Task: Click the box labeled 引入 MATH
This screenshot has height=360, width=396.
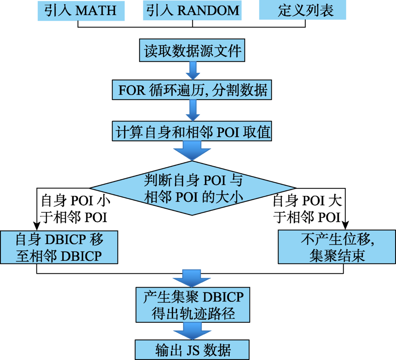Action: pyautogui.click(x=81, y=11)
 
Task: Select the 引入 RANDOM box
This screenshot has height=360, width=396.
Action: pyautogui.click(x=192, y=10)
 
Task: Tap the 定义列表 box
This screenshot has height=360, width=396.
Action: pyautogui.click(x=303, y=10)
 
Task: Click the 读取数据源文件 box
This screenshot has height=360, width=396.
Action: pyautogui.click(x=192, y=50)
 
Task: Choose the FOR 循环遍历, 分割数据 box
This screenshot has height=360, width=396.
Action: pyautogui.click(x=192, y=90)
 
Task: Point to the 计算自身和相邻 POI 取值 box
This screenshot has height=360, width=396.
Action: pyautogui.click(x=192, y=131)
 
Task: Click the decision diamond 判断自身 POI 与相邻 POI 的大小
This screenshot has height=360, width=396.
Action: pyautogui.click(x=192, y=188)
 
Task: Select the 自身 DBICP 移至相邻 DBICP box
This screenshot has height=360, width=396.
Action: pyautogui.click(x=59, y=247)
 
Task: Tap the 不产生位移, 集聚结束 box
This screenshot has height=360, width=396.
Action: pyautogui.click(x=337, y=247)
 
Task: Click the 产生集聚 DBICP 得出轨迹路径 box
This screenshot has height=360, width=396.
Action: pyautogui.click(x=193, y=305)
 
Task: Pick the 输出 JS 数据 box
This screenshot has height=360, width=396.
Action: pyautogui.click(x=192, y=350)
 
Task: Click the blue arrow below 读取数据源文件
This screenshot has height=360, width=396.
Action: pyautogui.click(x=193, y=71)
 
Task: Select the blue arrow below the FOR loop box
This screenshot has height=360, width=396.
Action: pyautogui.click(x=193, y=110)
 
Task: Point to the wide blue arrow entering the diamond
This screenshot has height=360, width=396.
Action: pyautogui.click(x=192, y=151)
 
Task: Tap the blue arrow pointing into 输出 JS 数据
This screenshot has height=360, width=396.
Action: pyautogui.click(x=192, y=331)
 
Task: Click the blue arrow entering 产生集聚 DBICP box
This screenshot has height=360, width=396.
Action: pyautogui.click(x=192, y=279)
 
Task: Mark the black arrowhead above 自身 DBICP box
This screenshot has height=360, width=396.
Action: pyautogui.click(x=37, y=226)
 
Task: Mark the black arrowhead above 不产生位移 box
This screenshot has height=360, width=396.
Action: pyautogui.click(x=345, y=225)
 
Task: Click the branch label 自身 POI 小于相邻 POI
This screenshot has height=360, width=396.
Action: pyautogui.click(x=75, y=209)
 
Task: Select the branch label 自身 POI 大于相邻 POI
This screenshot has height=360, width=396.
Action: pyautogui.click(x=307, y=209)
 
